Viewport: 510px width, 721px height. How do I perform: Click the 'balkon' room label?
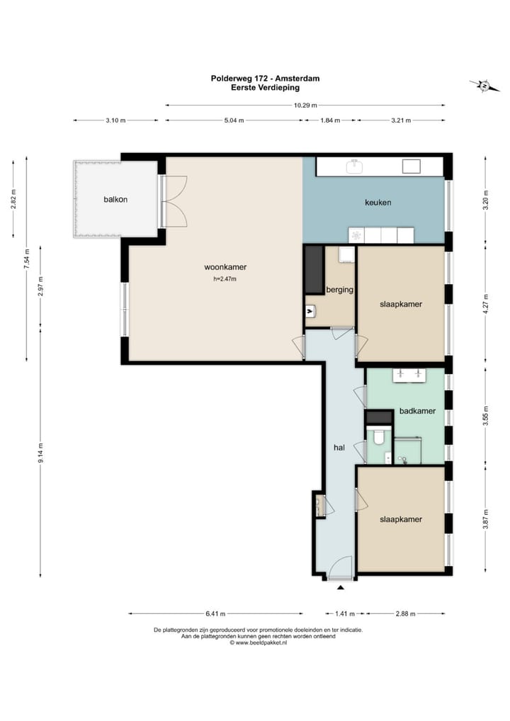pyautogui.click(x=115, y=200)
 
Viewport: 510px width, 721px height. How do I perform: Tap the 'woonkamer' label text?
pyautogui.click(x=225, y=267)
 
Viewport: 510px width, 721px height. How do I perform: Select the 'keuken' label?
pyautogui.click(x=378, y=203)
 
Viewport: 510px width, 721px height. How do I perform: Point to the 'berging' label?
pyautogui.click(x=340, y=290)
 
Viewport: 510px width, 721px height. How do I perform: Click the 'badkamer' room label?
pyautogui.click(x=417, y=411)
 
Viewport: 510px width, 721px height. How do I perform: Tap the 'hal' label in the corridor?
pyautogui.click(x=339, y=448)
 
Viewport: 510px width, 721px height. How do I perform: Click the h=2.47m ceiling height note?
pyautogui.click(x=225, y=279)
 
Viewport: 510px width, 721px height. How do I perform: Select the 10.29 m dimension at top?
pyautogui.click(x=305, y=106)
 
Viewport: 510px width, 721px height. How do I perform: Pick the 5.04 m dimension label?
pyautogui.click(x=234, y=120)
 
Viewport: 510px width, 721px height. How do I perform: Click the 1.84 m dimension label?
pyautogui.click(x=330, y=120)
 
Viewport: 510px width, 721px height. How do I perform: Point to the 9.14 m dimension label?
pyautogui.click(x=41, y=453)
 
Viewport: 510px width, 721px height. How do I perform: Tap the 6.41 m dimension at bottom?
pyautogui.click(x=215, y=613)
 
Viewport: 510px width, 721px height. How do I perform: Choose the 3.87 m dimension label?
pyautogui.click(x=486, y=520)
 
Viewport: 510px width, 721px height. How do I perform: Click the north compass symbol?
pyautogui.click(x=484, y=86)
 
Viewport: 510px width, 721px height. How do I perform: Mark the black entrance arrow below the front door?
pyautogui.click(x=340, y=588)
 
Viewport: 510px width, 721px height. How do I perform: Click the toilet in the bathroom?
pyautogui.click(x=379, y=437)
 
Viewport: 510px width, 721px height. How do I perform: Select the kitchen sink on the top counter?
pyautogui.click(x=355, y=166)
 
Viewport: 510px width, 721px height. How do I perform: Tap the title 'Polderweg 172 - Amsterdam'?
pyautogui.click(x=266, y=79)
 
